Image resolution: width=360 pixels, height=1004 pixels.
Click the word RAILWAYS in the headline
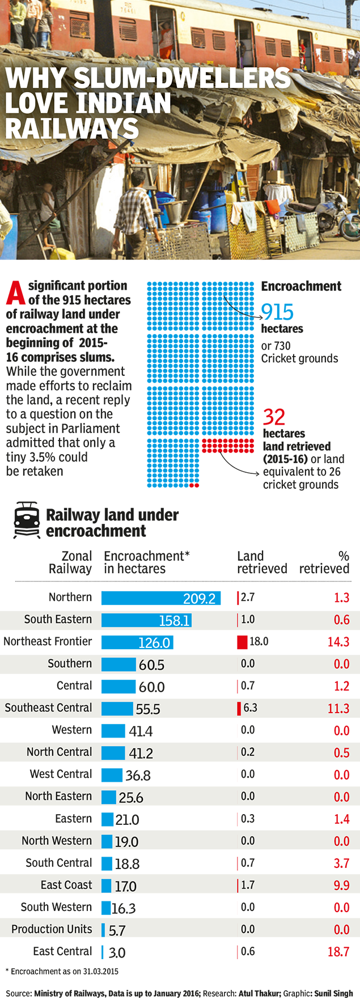pyautogui.click(x=72, y=129)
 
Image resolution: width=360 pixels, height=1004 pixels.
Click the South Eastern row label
pyautogui.click(x=58, y=619)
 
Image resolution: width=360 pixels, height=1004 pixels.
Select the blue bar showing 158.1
pyautogui.click(x=146, y=620)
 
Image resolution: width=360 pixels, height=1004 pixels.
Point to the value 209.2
pyautogui.click(x=199, y=599)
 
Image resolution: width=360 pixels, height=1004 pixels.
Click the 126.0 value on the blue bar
pyautogui.click(x=154, y=643)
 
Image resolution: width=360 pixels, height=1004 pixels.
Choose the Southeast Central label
pyautogui.click(x=48, y=708)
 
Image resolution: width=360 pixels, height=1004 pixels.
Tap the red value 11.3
pyautogui.click(x=338, y=709)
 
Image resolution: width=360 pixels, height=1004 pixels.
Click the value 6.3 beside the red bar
pyautogui.click(x=250, y=708)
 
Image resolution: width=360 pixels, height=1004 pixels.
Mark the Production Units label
pyautogui.click(x=52, y=929)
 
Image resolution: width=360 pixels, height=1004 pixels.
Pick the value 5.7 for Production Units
pyautogui.click(x=117, y=930)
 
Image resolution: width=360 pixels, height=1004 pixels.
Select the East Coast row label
pyautogui.click(x=66, y=885)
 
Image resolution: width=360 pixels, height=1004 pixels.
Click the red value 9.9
pyautogui.click(x=341, y=886)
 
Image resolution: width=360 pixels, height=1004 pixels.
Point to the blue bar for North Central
pyautogui.click(x=113, y=753)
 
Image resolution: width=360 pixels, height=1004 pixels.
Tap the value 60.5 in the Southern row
pyautogui.click(x=151, y=664)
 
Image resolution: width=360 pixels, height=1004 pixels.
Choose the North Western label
pyautogui.click(x=57, y=841)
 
